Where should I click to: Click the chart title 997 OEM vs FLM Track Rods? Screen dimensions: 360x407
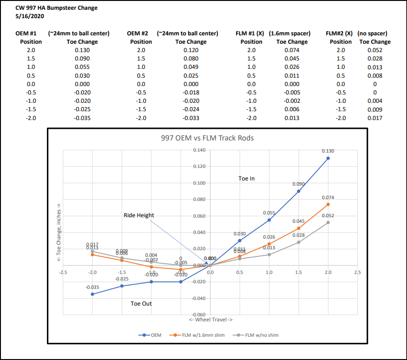point(208,138)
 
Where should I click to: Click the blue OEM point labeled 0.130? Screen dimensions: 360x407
point(328,158)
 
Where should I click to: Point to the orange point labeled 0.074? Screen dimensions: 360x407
point(328,204)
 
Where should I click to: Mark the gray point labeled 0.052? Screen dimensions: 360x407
point(328,222)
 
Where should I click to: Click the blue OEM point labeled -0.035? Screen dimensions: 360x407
point(92,294)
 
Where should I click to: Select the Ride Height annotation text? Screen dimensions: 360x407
point(138,215)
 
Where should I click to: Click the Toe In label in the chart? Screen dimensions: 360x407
point(246,178)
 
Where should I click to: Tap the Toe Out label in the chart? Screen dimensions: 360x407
point(141,304)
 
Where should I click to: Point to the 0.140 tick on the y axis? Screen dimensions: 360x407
point(199,150)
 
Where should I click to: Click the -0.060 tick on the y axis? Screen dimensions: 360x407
point(198,314)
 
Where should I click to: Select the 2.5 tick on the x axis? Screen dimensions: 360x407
point(357,272)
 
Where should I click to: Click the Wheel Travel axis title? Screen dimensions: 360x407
point(210,320)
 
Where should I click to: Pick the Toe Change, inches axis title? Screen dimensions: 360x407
point(59,232)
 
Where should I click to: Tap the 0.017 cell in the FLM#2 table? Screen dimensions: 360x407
point(374,118)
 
